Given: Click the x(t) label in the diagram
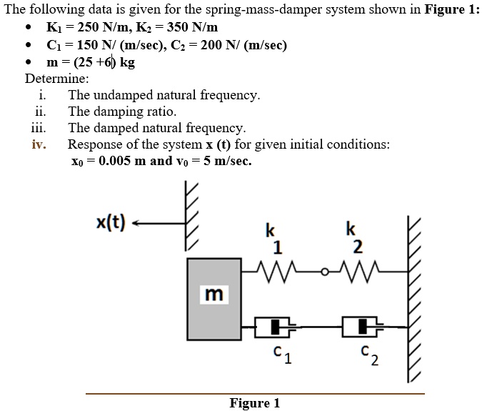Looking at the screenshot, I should tap(110, 223).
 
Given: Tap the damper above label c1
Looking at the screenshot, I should tap(276, 327).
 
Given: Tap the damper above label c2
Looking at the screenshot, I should tap(363, 327).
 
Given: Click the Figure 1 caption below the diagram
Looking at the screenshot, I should tap(254, 403).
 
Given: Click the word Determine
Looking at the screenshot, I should tap(57, 78).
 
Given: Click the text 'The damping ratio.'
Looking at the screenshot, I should tap(122, 112).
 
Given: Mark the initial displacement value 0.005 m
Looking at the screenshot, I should tap(121, 161).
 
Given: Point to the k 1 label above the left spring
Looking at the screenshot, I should tap(271, 239).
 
